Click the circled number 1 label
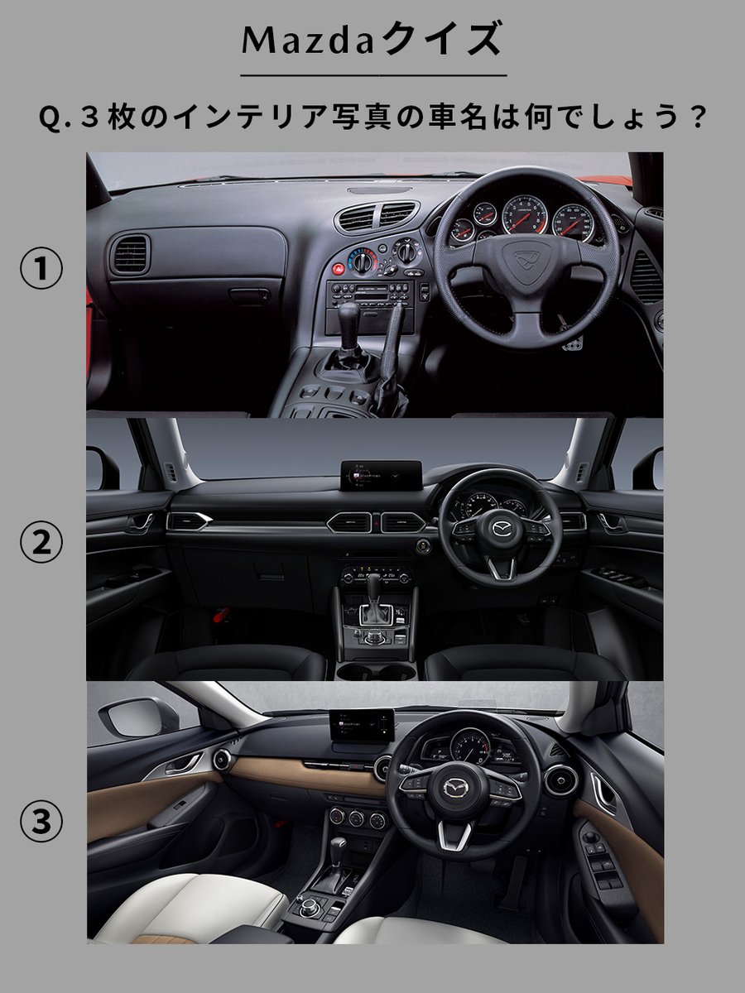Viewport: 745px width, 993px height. (x=41, y=268)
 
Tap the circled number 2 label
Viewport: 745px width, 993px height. (x=41, y=543)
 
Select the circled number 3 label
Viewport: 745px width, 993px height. (x=41, y=821)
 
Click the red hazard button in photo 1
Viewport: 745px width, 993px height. (x=338, y=269)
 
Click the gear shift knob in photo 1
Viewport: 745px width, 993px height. (x=348, y=317)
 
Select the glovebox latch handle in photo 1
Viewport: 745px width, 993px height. (x=249, y=295)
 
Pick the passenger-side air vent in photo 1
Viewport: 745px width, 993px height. (x=131, y=254)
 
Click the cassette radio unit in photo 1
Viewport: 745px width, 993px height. (x=371, y=294)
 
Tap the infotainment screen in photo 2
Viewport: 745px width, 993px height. (x=382, y=476)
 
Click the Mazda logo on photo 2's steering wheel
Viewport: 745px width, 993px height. (x=500, y=529)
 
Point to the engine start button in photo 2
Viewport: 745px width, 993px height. (x=422, y=546)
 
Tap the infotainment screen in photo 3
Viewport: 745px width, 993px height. (x=362, y=725)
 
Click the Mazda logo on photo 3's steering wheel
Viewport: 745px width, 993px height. (x=458, y=789)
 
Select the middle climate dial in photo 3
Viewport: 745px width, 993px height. (x=357, y=818)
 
